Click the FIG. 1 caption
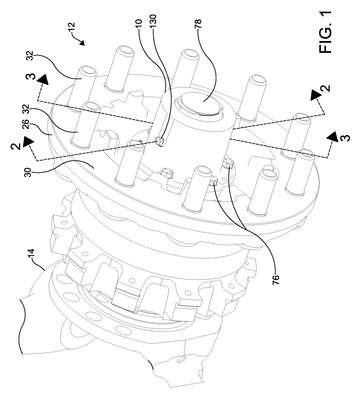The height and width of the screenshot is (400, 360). click(325, 31)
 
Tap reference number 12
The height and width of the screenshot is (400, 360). click(72, 27)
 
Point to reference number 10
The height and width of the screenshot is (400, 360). click(140, 23)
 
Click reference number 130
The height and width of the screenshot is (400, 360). click(154, 23)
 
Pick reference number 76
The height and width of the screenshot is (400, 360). click(276, 279)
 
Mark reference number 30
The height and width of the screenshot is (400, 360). click(29, 172)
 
